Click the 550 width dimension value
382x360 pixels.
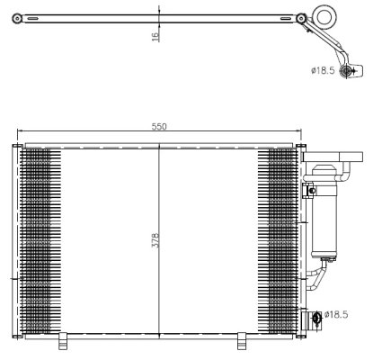pos(158,127)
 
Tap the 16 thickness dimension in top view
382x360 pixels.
pos(155,36)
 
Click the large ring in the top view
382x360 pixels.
pos(324,18)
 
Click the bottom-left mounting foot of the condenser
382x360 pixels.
pos(64,340)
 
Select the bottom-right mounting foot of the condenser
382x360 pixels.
pos(241,340)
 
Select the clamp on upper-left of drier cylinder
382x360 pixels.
pos(311,189)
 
